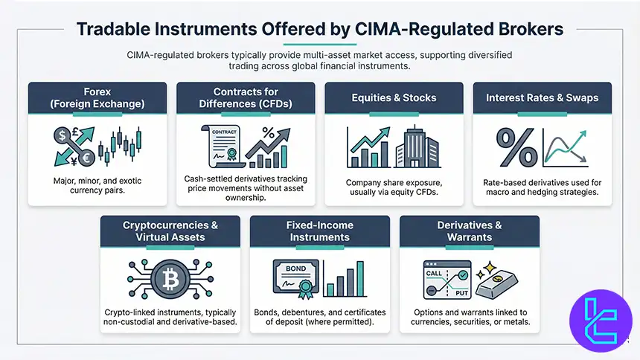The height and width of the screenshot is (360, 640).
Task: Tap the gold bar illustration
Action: coord(498,282)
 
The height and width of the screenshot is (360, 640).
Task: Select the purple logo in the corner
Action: coord(600,321)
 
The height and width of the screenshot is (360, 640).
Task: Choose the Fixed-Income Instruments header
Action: coord(319,231)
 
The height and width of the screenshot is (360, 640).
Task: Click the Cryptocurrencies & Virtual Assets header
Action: coord(170,231)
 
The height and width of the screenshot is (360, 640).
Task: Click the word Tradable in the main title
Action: coord(115,29)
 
